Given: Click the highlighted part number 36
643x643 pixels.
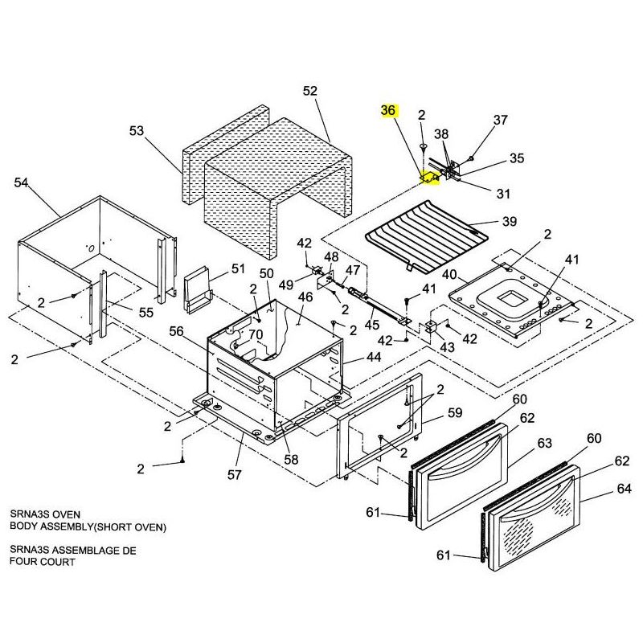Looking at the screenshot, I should (x=388, y=111).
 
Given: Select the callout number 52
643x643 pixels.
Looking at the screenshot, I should (x=310, y=92).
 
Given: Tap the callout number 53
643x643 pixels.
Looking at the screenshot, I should (x=137, y=131).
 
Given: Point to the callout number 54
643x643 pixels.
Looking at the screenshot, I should (x=22, y=183).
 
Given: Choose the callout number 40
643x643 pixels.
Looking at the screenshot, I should (x=449, y=275).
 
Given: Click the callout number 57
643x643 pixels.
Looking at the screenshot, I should (x=234, y=475).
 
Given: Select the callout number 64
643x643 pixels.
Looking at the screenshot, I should (x=625, y=489).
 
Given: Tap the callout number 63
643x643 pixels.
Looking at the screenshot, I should (x=545, y=443).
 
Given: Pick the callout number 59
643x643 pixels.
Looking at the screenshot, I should (x=455, y=414).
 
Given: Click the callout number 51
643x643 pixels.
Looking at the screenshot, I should (x=238, y=268).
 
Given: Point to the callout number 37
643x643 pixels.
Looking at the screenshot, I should (x=501, y=121).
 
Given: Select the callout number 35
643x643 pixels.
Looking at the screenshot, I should (x=517, y=159).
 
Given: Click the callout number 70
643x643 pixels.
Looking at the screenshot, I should (x=256, y=334).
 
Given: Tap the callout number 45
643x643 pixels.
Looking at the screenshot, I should (x=372, y=325).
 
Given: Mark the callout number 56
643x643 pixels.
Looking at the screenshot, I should (x=176, y=331).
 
